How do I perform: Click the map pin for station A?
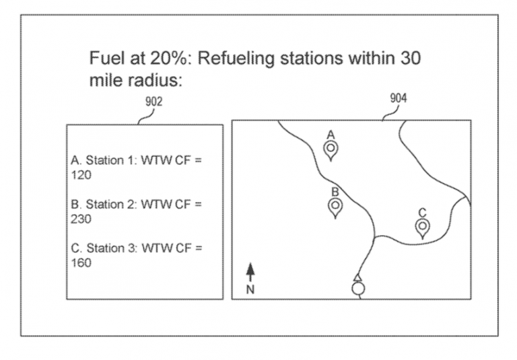point(331,149)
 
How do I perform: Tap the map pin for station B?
point(335,207)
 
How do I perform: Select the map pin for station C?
point(422,228)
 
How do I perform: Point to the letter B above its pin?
point(335,192)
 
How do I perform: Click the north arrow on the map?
point(250,272)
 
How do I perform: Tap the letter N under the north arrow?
point(250,290)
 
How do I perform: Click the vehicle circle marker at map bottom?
point(358,289)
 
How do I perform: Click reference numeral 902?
point(153,102)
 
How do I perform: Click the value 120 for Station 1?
point(81,175)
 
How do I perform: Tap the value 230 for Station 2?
point(81,219)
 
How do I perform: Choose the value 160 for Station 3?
point(81,262)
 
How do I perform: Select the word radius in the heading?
point(160,81)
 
